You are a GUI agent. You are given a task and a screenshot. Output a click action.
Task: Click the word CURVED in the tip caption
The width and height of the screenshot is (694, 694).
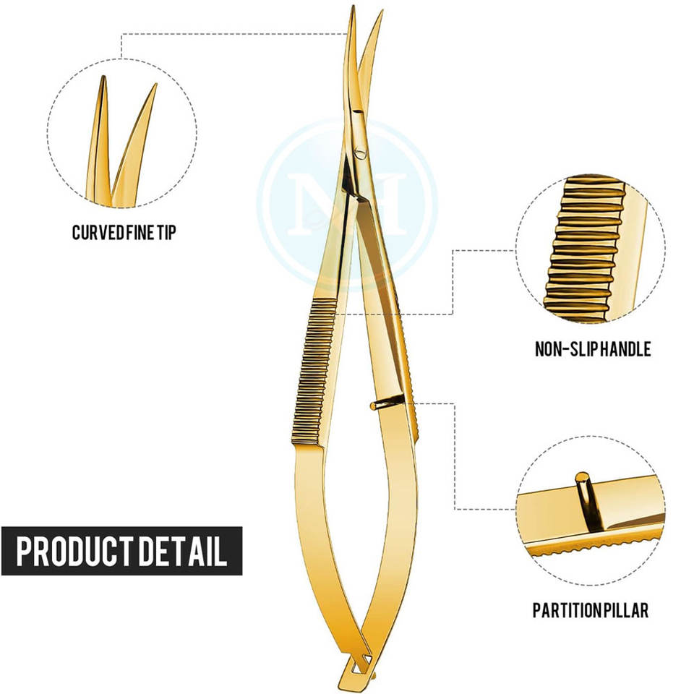pyautogui.click(x=93, y=233)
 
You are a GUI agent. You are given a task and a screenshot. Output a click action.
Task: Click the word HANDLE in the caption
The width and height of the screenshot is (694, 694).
pyautogui.click(x=625, y=350)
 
